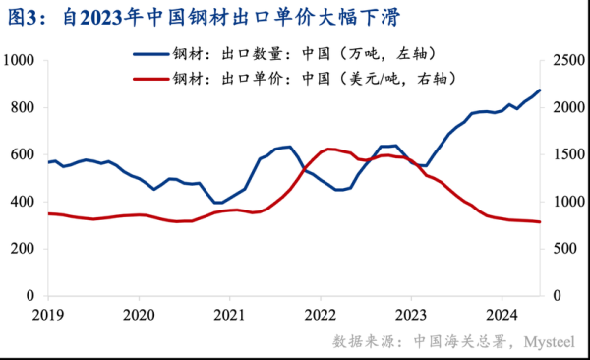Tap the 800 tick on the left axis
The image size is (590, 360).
coord(23,107)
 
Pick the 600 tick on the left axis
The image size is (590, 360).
coord(23,154)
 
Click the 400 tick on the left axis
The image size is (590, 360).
coord(23,202)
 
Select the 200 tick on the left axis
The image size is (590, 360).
coord(23,249)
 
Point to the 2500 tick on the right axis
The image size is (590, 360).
coord(563,61)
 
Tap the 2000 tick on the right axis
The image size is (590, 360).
coord(563,107)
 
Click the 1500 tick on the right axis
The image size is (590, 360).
coord(563,154)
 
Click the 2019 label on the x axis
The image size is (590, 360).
coord(47,315)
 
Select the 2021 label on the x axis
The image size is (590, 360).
coord(229,315)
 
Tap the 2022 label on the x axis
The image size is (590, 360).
coord(320,315)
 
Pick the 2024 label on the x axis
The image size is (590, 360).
coord(501,315)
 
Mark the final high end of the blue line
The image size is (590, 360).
coord(539,90)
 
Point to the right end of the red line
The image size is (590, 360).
coord(539,222)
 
